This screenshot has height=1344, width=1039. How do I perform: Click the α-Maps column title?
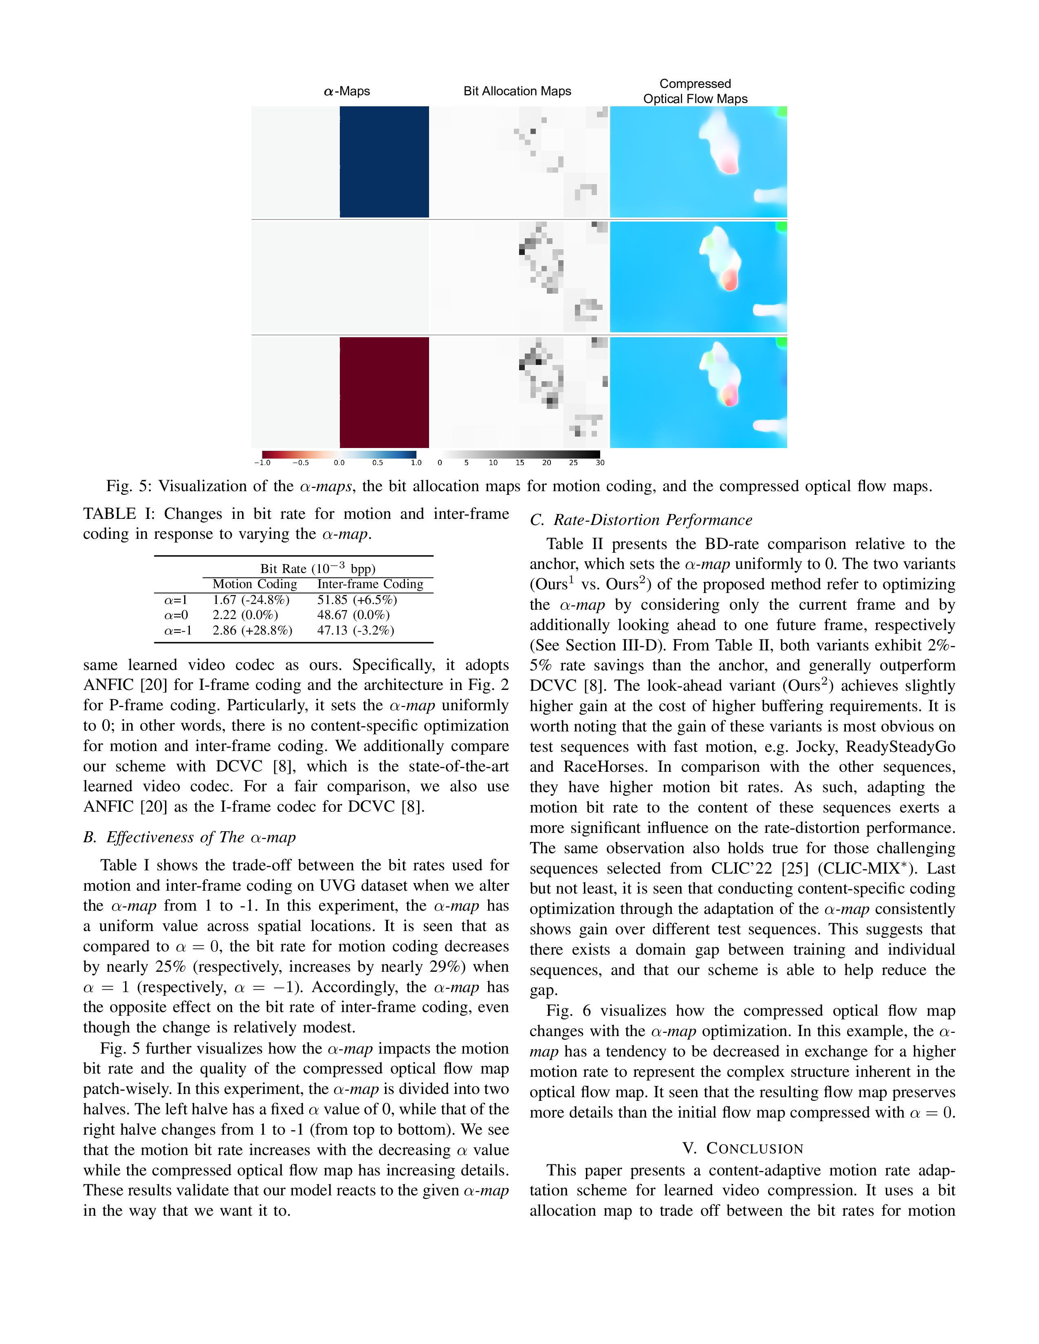pyautogui.click(x=347, y=91)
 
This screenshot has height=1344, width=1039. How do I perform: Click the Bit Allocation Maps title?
pyautogui.click(x=517, y=91)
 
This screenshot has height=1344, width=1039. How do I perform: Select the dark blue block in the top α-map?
pyautogui.click(x=384, y=162)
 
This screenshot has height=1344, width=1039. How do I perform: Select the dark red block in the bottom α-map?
pyautogui.click(x=384, y=392)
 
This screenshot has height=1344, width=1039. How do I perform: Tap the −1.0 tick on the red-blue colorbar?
pyautogui.click(x=262, y=462)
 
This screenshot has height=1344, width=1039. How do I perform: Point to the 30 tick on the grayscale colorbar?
pyautogui.click(x=599, y=462)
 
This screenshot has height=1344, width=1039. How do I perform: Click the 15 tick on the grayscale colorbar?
pyautogui.click(x=519, y=462)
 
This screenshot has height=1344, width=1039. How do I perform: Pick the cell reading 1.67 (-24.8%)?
pyautogui.click(x=251, y=600)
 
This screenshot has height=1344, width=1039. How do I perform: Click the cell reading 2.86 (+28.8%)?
pyautogui.click(x=252, y=630)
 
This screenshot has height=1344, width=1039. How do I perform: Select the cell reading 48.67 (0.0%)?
pyautogui.click(x=353, y=615)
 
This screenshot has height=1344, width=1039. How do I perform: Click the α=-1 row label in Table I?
pyautogui.click(x=178, y=630)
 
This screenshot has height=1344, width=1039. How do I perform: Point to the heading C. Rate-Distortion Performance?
pyautogui.click(x=641, y=520)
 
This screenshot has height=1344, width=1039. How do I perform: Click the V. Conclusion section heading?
pyautogui.click(x=742, y=1149)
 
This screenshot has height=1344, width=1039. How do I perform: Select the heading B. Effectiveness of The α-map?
pyautogui.click(x=189, y=837)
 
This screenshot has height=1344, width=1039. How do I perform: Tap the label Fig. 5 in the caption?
pyautogui.click(x=128, y=486)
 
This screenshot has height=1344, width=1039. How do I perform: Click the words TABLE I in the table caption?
pyautogui.click(x=118, y=514)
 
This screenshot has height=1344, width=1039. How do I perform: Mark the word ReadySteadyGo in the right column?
pyautogui.click(x=900, y=747)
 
